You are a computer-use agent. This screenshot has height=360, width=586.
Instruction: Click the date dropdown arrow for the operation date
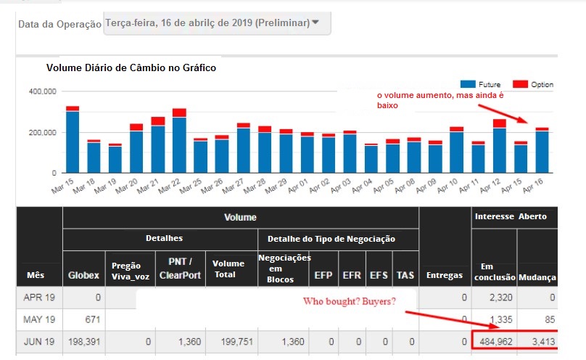point(315,22)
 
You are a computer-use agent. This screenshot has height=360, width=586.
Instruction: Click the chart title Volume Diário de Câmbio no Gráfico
point(131,67)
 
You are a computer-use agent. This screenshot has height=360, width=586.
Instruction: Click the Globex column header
point(83,275)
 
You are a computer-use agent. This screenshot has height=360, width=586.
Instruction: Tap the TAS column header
point(405,275)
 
